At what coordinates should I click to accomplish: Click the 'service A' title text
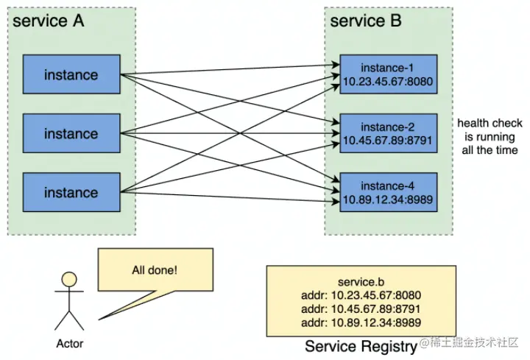click(x=49, y=21)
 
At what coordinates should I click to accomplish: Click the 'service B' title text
click(x=366, y=21)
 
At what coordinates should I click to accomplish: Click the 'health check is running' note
click(x=487, y=136)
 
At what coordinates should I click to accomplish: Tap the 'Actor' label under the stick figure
click(x=70, y=343)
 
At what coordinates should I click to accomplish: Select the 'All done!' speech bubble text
click(x=155, y=269)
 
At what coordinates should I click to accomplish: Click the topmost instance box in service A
click(x=71, y=75)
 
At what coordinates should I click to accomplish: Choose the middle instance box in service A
click(x=71, y=134)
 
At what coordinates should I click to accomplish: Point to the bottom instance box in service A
click(x=71, y=193)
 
